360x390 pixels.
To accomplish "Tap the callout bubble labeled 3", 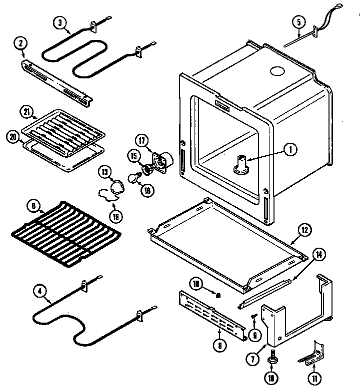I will (x=60, y=22).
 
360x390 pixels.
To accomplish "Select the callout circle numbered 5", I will (x=298, y=22).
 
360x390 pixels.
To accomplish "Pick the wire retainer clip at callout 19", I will (x=107, y=195).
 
